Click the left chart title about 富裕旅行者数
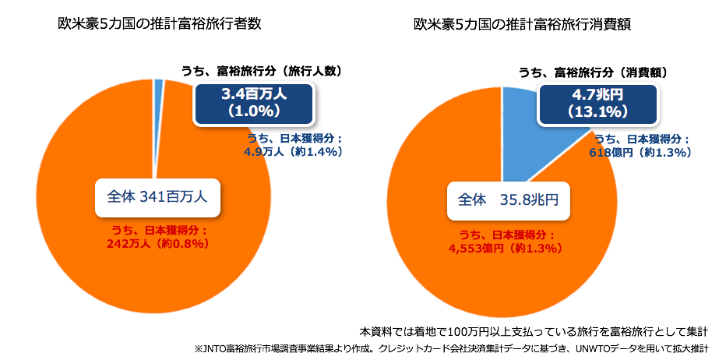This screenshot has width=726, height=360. pyautogui.click(x=159, y=24)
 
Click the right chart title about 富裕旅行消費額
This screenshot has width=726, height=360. pyautogui.click(x=522, y=24)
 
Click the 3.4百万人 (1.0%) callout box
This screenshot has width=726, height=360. pyautogui.click(x=254, y=102)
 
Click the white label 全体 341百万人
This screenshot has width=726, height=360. pyautogui.click(x=157, y=198)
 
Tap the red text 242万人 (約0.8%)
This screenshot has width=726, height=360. pyautogui.click(x=158, y=243)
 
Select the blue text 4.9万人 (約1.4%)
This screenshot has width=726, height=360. pyautogui.click(x=294, y=152)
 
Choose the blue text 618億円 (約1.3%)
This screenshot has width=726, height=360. pyautogui.click(x=641, y=153)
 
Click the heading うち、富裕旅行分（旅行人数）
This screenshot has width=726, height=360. pyautogui.click(x=263, y=71)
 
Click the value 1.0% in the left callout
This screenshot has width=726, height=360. pyautogui.click(x=254, y=111)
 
